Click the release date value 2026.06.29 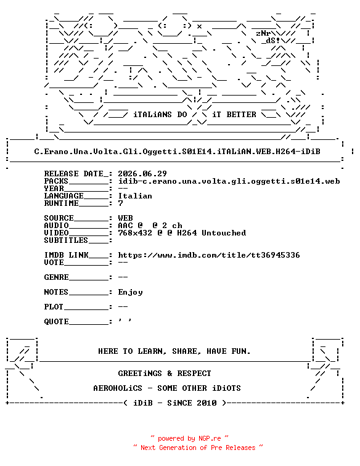click(x=142, y=174)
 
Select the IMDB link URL click(x=209, y=255)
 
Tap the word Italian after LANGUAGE click(x=135, y=196)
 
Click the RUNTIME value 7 click(x=120, y=203)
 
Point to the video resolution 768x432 click(x=135, y=233)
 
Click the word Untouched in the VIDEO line click(x=224, y=233)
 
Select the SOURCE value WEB click(x=126, y=218)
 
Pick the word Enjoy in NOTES click(x=130, y=292)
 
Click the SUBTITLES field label click(x=66, y=240)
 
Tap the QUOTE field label click(x=57, y=322)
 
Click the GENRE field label click(x=57, y=277)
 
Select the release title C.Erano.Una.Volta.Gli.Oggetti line click(x=177, y=152)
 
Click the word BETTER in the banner click(x=241, y=115)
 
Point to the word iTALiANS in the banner click(x=152, y=115)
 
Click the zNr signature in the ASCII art click(x=263, y=33)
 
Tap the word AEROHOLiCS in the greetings click(x=118, y=388)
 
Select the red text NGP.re click(x=210, y=438)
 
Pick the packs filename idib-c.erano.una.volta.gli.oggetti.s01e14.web click(x=229, y=181)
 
